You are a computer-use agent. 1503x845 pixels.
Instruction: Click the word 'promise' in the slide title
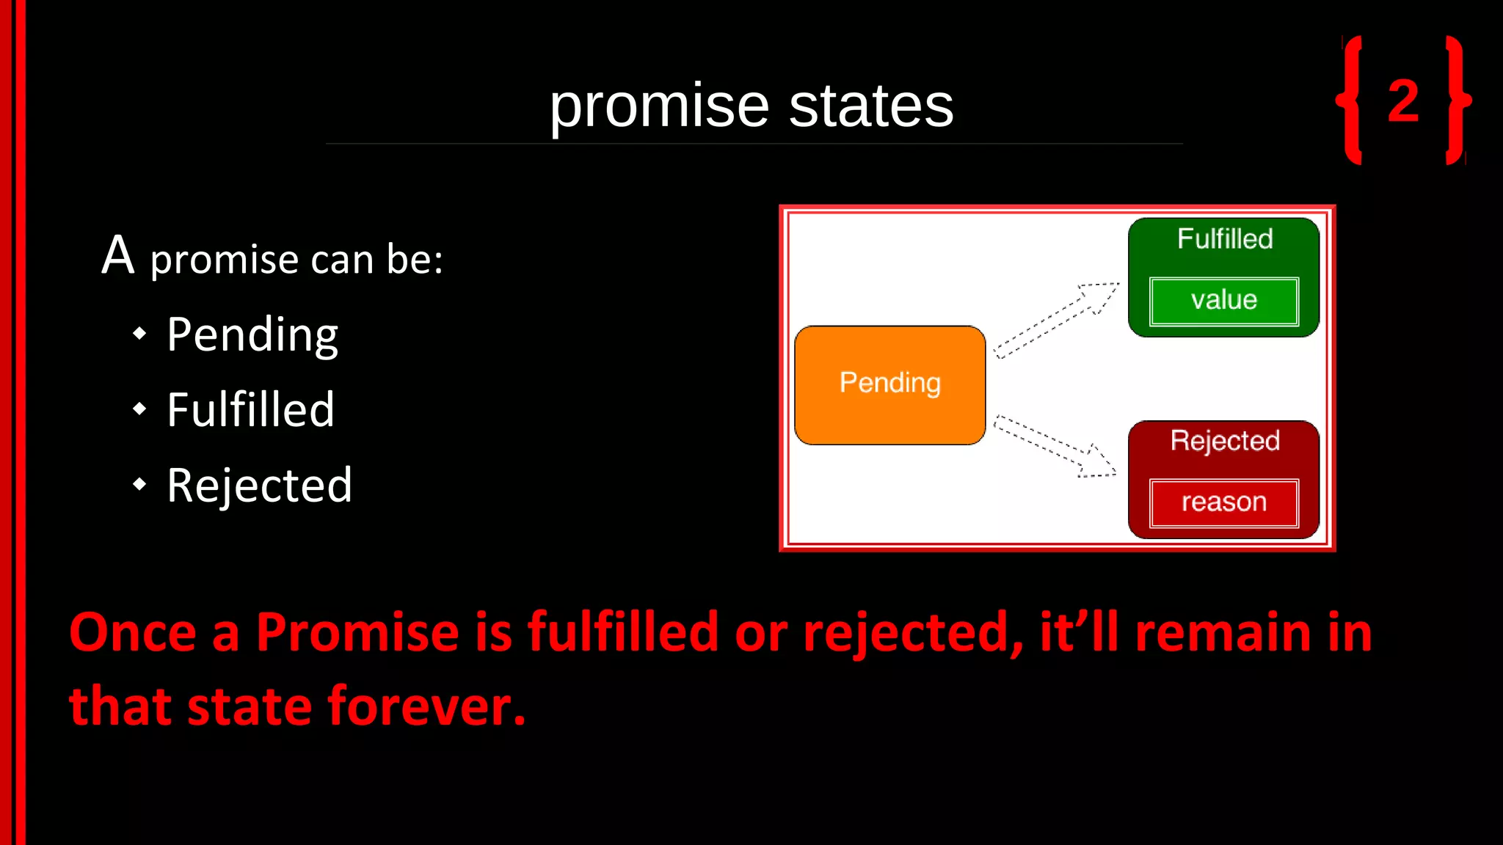(659, 107)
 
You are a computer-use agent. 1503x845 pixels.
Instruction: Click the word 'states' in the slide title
(871, 107)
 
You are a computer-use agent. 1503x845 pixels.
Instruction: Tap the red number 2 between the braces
(1403, 100)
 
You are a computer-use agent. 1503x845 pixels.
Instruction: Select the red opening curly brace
(1351, 100)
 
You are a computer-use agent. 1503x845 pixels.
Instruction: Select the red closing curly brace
(1457, 100)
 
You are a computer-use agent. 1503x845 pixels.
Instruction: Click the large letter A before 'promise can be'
(118, 256)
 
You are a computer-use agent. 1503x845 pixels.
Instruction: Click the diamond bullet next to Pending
(139, 334)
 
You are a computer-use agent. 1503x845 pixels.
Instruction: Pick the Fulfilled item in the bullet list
(250, 409)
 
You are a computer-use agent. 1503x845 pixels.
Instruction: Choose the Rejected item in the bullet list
(259, 485)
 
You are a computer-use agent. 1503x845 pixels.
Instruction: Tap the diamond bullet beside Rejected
(139, 484)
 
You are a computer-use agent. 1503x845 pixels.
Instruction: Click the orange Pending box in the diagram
(889, 384)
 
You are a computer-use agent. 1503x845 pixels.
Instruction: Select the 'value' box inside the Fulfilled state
(1223, 301)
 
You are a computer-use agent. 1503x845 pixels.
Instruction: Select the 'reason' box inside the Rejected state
(1223, 503)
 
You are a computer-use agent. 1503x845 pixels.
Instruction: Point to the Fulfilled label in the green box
(1225, 239)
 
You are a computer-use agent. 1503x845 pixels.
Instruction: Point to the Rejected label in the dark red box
(1225, 441)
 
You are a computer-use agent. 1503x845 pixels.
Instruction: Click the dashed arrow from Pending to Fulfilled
(1057, 320)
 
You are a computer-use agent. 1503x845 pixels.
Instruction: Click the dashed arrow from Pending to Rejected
(1055, 446)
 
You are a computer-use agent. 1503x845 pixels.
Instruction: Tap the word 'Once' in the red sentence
(132, 632)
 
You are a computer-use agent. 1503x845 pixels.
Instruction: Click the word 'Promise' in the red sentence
(357, 632)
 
